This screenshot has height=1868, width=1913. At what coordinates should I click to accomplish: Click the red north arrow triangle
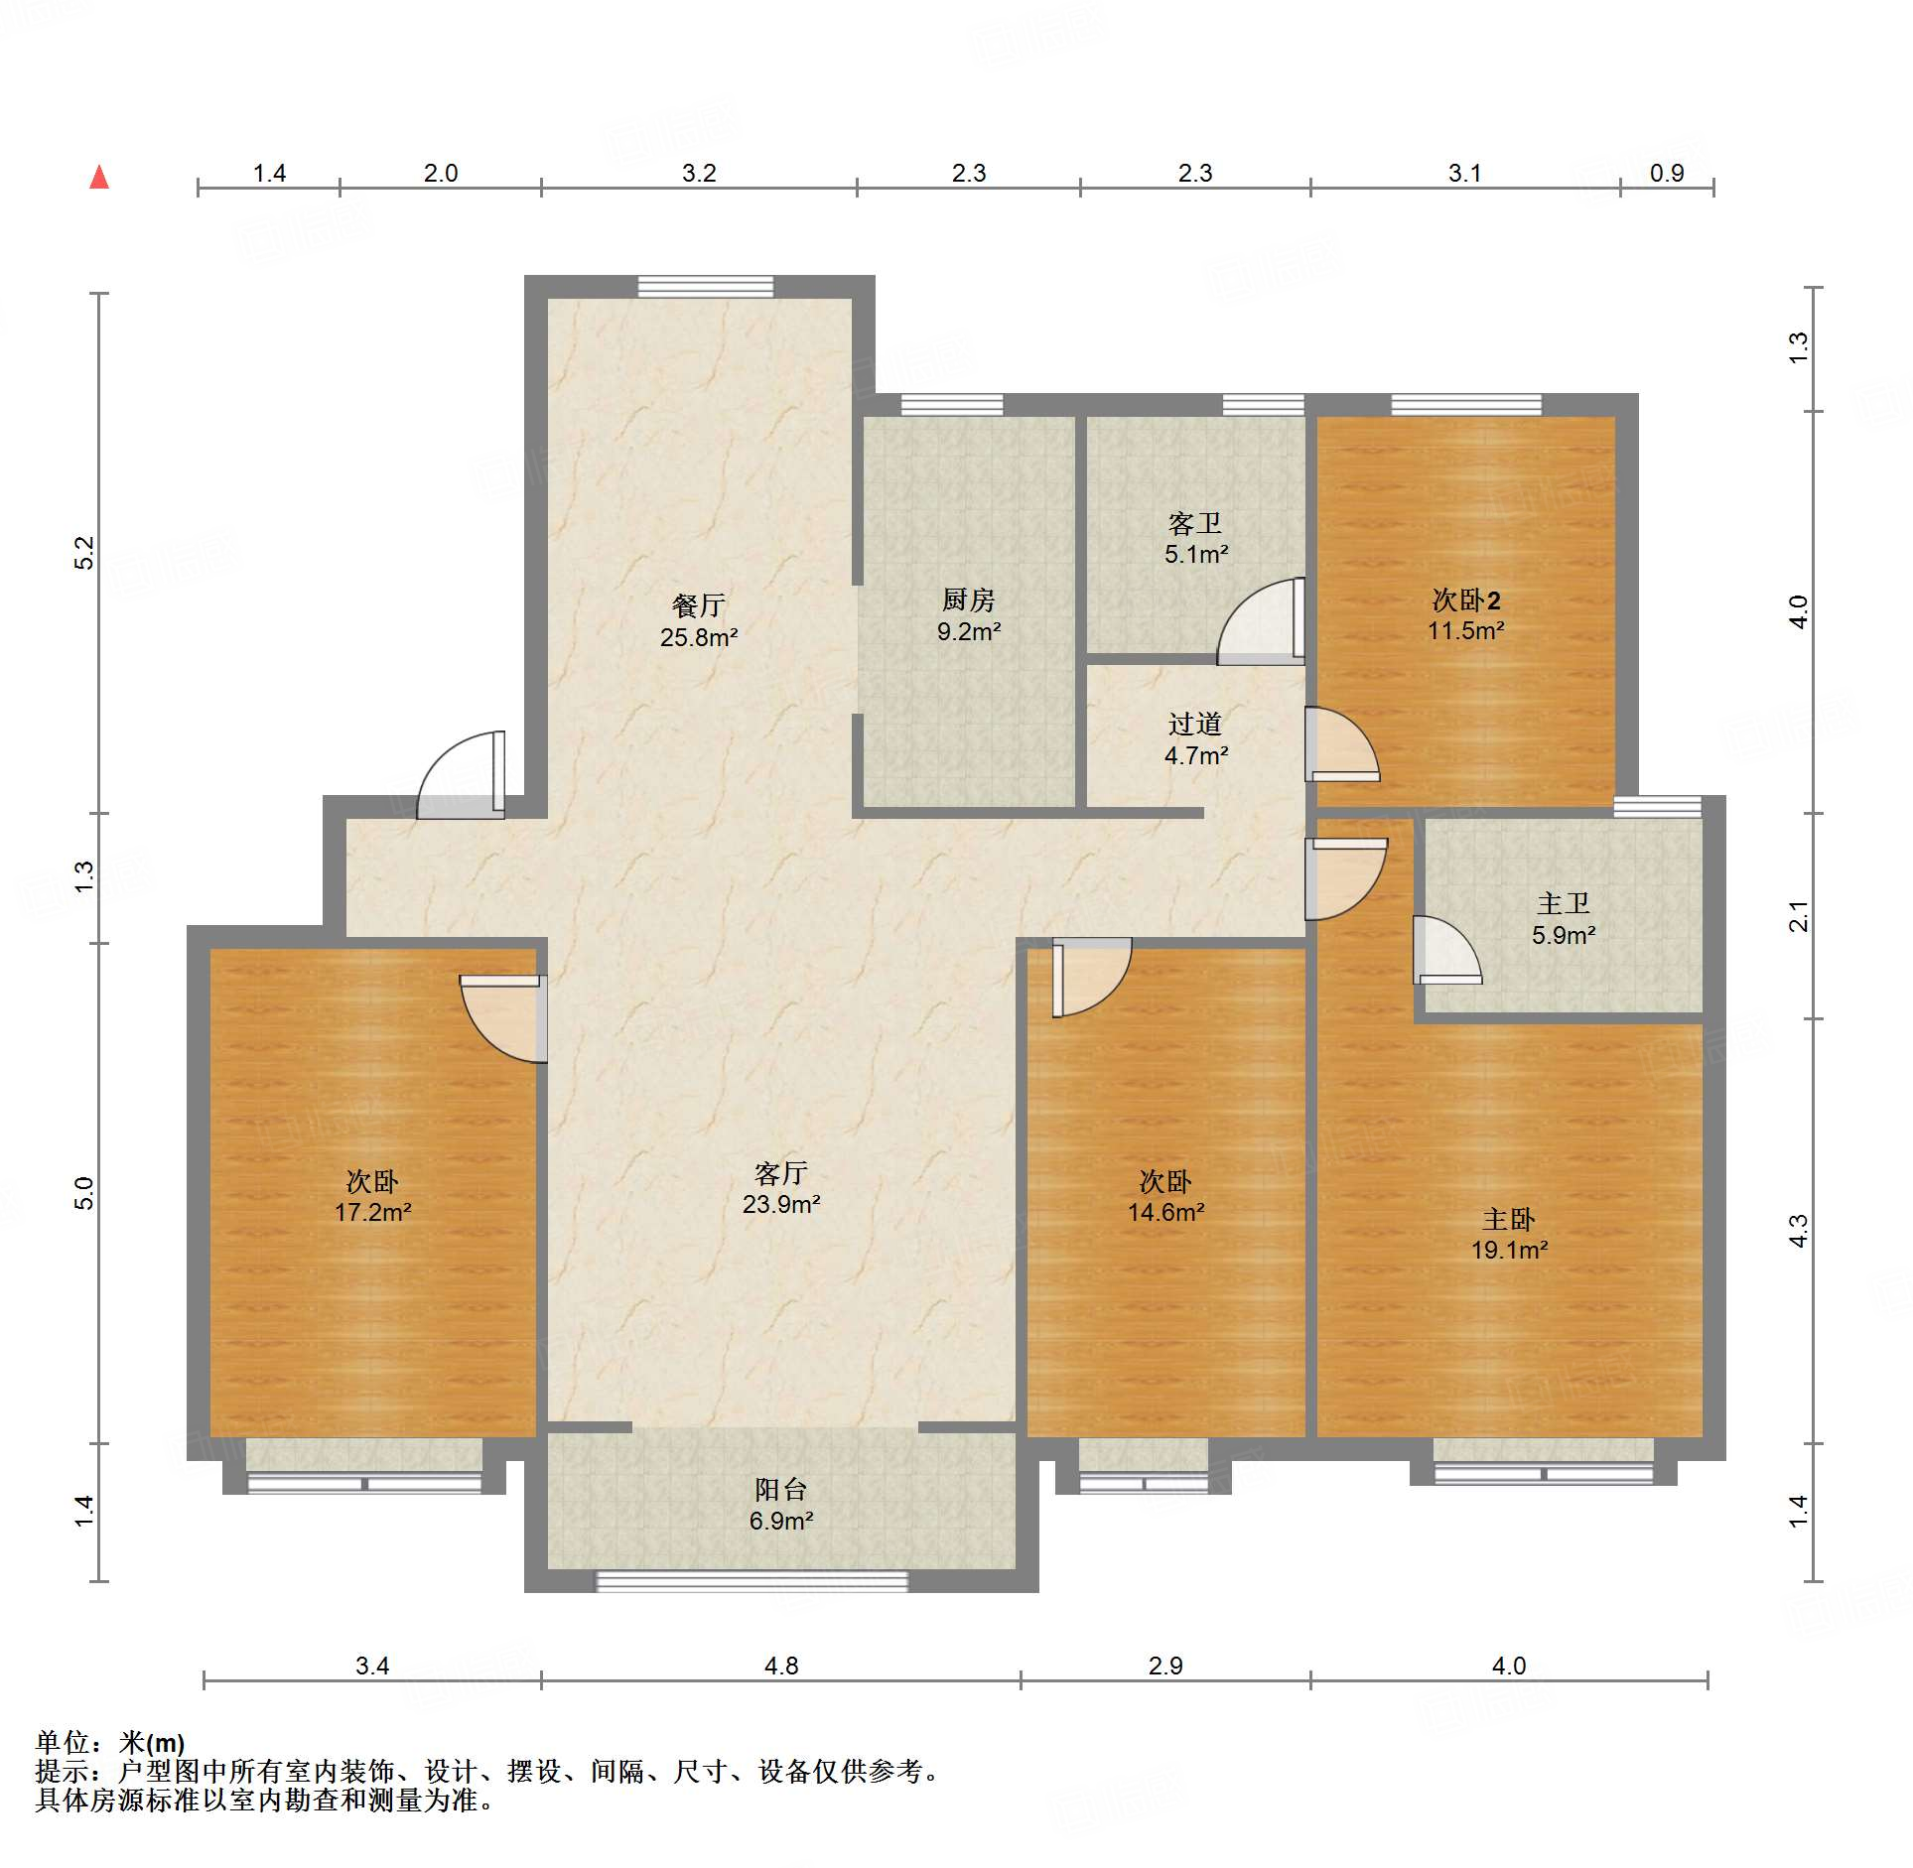tap(99, 178)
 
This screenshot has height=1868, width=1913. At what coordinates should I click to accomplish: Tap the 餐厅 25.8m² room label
tap(699, 621)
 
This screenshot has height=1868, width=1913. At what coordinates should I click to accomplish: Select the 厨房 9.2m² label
tap(968, 615)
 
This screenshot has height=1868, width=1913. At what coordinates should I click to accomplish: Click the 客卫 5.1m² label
tap(1195, 539)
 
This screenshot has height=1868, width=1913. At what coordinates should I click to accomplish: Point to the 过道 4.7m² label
tap(1195, 739)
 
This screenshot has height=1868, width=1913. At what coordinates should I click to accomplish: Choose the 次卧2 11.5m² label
tap(1465, 615)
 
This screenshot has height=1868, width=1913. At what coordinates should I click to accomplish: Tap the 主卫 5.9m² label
tap(1563, 919)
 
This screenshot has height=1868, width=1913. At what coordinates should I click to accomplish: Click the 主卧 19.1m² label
tap(1508, 1234)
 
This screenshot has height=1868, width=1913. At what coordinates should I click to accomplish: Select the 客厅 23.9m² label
tap(780, 1188)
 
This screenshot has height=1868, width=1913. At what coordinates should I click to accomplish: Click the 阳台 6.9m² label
tap(780, 1504)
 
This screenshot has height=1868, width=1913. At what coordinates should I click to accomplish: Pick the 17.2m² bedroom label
tap(372, 1196)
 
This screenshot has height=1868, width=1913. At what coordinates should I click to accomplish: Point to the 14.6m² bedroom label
tap(1165, 1196)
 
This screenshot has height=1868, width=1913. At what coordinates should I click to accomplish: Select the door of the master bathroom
tap(1445, 951)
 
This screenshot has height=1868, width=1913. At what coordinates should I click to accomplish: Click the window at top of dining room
tap(705, 287)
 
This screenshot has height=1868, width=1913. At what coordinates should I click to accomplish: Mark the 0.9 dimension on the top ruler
tap(1666, 173)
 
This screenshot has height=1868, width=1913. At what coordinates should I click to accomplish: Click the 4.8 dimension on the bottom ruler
tap(780, 1666)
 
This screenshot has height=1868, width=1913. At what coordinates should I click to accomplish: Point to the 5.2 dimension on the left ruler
tap(84, 552)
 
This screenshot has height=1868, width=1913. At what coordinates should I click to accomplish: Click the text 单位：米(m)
tap(110, 1741)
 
